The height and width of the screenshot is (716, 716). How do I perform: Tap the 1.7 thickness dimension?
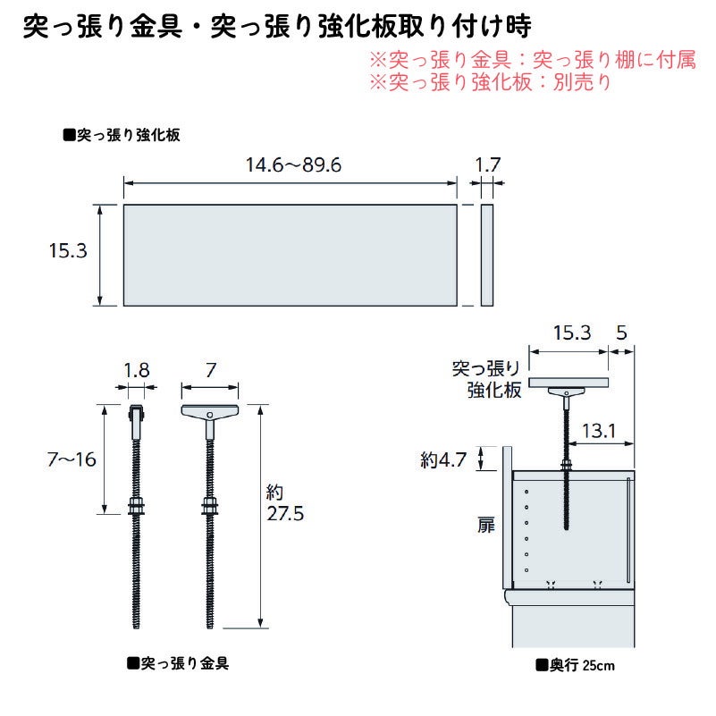coord(487,164)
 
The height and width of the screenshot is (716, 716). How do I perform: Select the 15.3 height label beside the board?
coord(67,253)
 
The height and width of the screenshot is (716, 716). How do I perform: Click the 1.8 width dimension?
coord(136,366)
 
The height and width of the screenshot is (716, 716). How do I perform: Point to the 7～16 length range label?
coord(71,459)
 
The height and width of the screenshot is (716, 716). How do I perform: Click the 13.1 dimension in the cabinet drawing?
coord(597,431)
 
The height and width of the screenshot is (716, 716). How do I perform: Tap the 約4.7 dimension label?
coord(443,460)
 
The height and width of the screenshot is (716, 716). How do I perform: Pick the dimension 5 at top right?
coord(622,333)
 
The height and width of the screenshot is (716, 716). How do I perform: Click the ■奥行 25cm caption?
coord(575,665)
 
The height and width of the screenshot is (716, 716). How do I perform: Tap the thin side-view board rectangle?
coord(487,255)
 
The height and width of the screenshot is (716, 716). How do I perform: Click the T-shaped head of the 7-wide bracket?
coord(210,413)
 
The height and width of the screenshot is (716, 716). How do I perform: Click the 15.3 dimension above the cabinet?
coord(571,333)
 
